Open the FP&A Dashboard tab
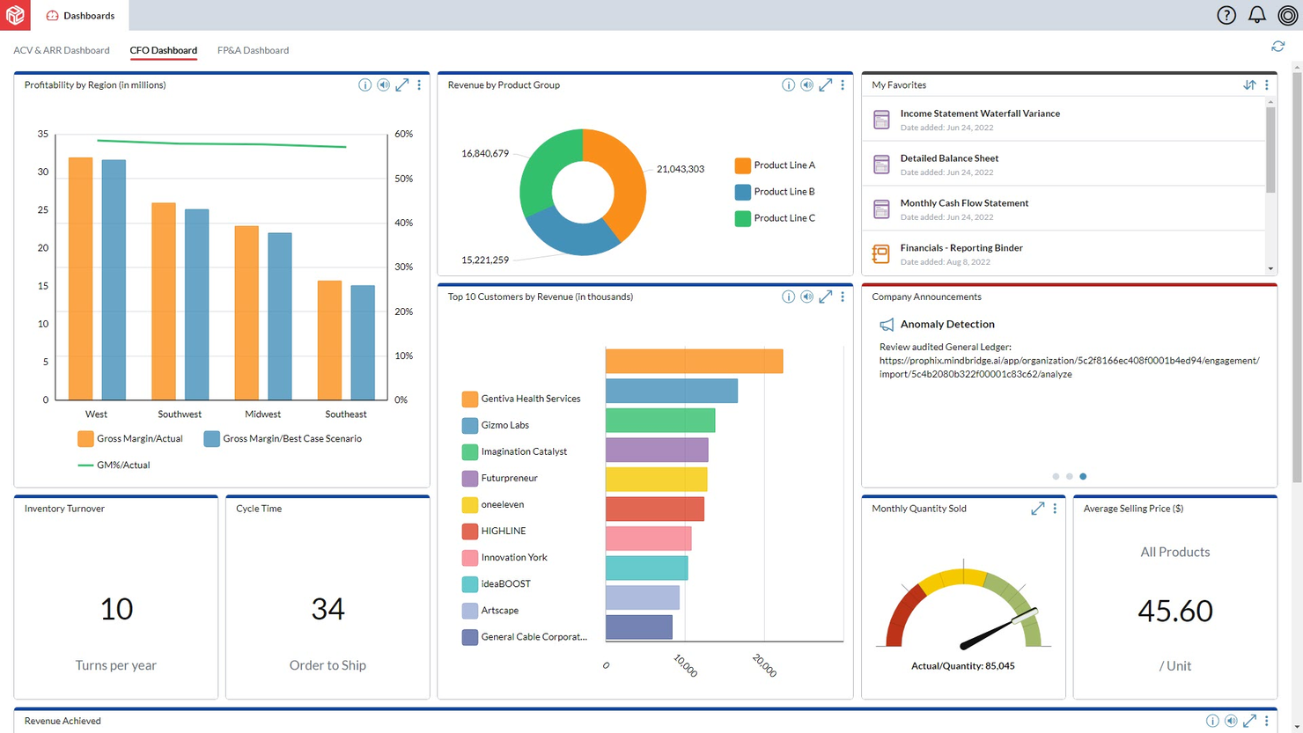point(253,50)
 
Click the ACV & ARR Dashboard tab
point(62,50)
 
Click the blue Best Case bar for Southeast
point(363,342)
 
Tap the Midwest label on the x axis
point(262,414)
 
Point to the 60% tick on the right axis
point(403,135)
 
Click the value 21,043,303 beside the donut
point(680,169)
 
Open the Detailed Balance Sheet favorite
point(949,158)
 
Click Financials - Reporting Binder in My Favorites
point(961,248)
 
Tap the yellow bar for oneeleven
point(656,480)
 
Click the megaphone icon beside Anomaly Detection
point(887,325)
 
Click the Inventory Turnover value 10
point(116,609)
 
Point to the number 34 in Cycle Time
point(328,609)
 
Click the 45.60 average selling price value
point(1174,611)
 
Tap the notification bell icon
point(1256,15)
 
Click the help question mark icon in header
point(1226,15)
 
